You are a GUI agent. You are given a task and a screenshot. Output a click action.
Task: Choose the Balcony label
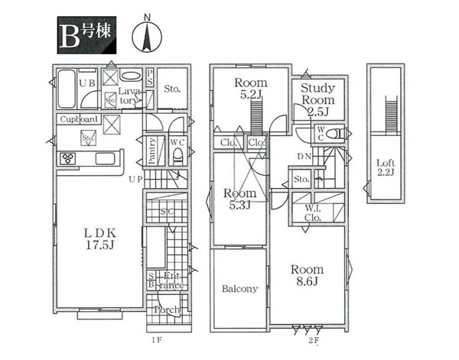[239, 289]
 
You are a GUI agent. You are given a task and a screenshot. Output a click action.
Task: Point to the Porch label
[167, 310]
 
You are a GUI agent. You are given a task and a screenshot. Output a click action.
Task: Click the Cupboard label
[78, 120]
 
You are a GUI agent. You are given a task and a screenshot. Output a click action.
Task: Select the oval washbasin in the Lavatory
[131, 76]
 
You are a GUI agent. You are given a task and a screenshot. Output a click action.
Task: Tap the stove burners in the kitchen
[67, 159]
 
